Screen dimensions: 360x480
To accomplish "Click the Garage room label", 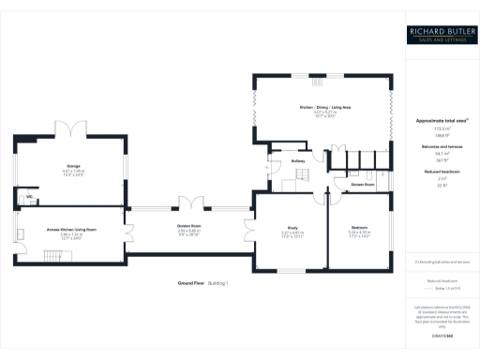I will [72, 166].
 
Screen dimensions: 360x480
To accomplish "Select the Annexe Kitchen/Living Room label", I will [72, 229].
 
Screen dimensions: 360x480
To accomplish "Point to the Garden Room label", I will [191, 226].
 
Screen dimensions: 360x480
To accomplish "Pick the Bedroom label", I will [360, 227].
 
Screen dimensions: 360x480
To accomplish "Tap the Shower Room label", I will [363, 185].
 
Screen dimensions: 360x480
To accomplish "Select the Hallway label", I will [298, 161].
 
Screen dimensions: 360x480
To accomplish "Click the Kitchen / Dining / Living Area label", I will [324, 109].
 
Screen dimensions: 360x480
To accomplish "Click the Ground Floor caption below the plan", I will [191, 282].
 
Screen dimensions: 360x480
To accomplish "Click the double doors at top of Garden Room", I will [193, 202].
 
